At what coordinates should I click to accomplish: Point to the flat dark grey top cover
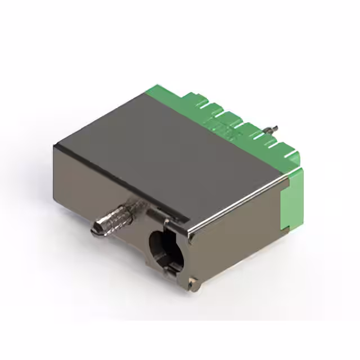[x=169, y=152]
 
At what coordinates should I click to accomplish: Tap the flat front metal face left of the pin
[x=79, y=186]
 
